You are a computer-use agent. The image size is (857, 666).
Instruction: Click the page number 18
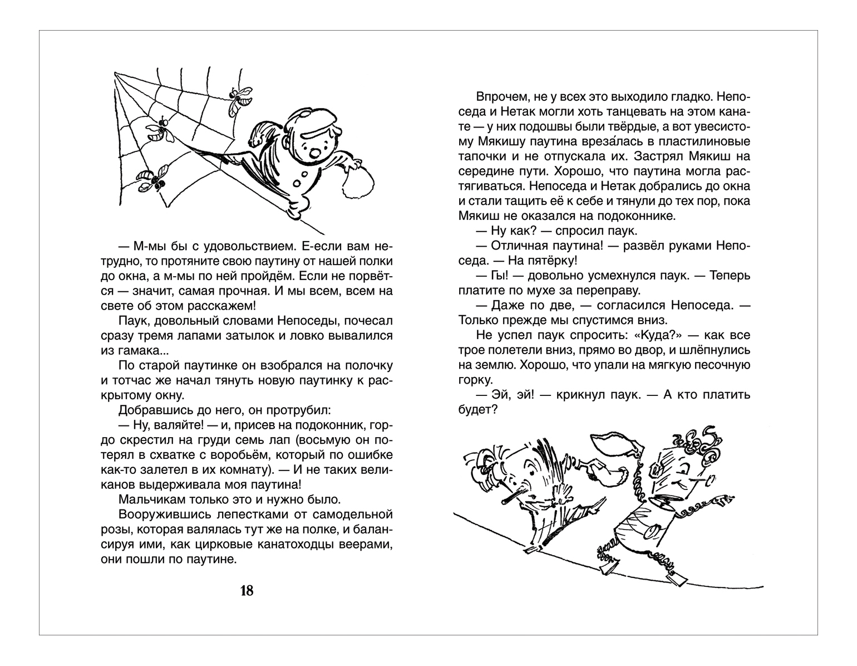pos(247,591)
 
